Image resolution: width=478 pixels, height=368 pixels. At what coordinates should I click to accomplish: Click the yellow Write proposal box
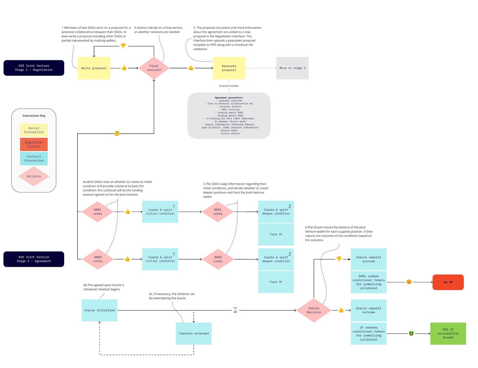point(94,68)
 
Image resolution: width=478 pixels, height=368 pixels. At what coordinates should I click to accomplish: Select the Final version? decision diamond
point(154,68)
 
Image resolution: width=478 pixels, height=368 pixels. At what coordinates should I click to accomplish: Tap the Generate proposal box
point(229,68)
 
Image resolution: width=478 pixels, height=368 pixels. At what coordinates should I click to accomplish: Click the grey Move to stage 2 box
point(292,68)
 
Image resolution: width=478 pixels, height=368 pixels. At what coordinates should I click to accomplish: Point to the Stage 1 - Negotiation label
point(34,68)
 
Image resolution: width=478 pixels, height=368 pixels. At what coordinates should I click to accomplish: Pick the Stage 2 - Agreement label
point(34,259)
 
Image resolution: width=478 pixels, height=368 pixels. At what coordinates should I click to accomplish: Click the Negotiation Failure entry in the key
point(34,144)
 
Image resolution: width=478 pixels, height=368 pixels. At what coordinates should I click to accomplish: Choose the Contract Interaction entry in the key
point(34,158)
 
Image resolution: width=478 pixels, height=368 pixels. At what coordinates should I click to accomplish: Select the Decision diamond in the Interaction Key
point(34,176)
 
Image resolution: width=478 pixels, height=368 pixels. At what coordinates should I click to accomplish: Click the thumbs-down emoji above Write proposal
point(123,46)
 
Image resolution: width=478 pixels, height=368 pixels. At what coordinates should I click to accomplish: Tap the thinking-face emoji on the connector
point(117,133)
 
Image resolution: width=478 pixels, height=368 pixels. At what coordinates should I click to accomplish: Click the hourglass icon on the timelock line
point(235,310)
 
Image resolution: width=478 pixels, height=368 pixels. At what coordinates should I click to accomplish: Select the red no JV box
point(448,282)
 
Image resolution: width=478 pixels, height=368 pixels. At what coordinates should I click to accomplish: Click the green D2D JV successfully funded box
point(448,333)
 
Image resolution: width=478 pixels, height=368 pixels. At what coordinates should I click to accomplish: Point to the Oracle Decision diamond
point(314,310)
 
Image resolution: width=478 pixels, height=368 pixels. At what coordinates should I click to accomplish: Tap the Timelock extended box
point(194,333)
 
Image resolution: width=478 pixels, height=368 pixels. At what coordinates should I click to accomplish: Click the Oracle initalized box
point(99,310)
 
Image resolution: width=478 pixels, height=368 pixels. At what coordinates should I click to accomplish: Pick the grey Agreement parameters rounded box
point(229,116)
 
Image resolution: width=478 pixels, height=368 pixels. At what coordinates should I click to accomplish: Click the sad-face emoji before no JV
point(409,282)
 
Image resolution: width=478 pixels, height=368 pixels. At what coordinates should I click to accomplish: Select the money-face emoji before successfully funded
point(411,333)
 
